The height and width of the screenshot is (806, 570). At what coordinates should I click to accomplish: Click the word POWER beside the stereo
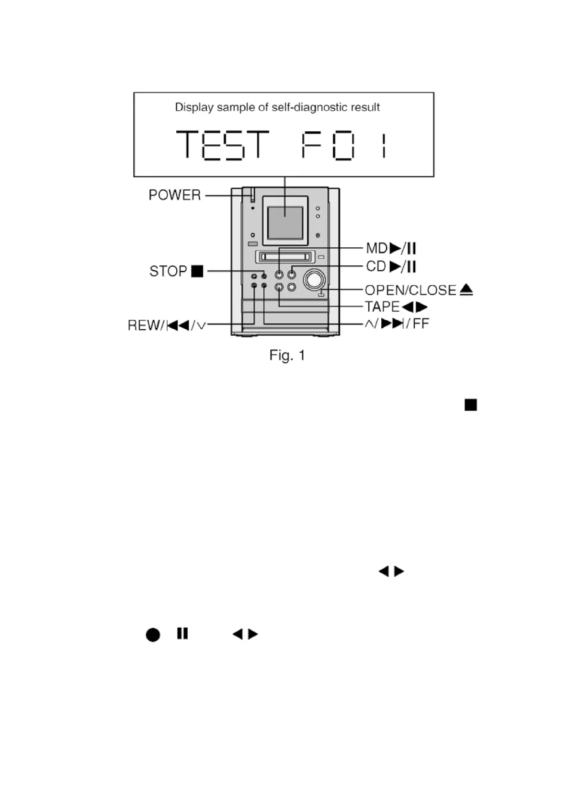[x=175, y=195]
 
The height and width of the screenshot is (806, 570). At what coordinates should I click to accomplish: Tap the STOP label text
[x=168, y=271]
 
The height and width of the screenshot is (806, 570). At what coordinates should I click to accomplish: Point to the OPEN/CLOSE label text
[x=410, y=290]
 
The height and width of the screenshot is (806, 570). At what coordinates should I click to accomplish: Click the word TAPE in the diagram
[x=382, y=307]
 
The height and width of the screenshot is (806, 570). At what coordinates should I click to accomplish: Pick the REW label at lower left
[x=145, y=326]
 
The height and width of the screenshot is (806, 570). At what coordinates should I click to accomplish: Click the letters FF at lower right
[x=421, y=324]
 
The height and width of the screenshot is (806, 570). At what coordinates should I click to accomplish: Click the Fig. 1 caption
[x=287, y=355]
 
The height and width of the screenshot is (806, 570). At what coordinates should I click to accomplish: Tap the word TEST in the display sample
[x=222, y=145]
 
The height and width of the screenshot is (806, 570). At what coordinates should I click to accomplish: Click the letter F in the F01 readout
[x=311, y=145]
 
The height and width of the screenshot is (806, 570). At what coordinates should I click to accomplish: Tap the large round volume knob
[x=315, y=280]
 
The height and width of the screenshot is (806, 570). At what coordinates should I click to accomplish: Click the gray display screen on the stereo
[x=285, y=222]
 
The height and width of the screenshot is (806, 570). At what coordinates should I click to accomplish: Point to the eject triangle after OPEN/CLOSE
[x=467, y=290]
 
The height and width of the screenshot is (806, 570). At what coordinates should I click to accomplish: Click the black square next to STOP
[x=197, y=271]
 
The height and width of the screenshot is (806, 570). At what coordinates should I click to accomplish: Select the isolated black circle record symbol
[x=153, y=635]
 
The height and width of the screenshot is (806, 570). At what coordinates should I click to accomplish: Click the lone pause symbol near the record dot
[x=182, y=633]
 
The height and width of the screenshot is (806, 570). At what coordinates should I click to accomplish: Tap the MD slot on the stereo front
[x=285, y=257]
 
